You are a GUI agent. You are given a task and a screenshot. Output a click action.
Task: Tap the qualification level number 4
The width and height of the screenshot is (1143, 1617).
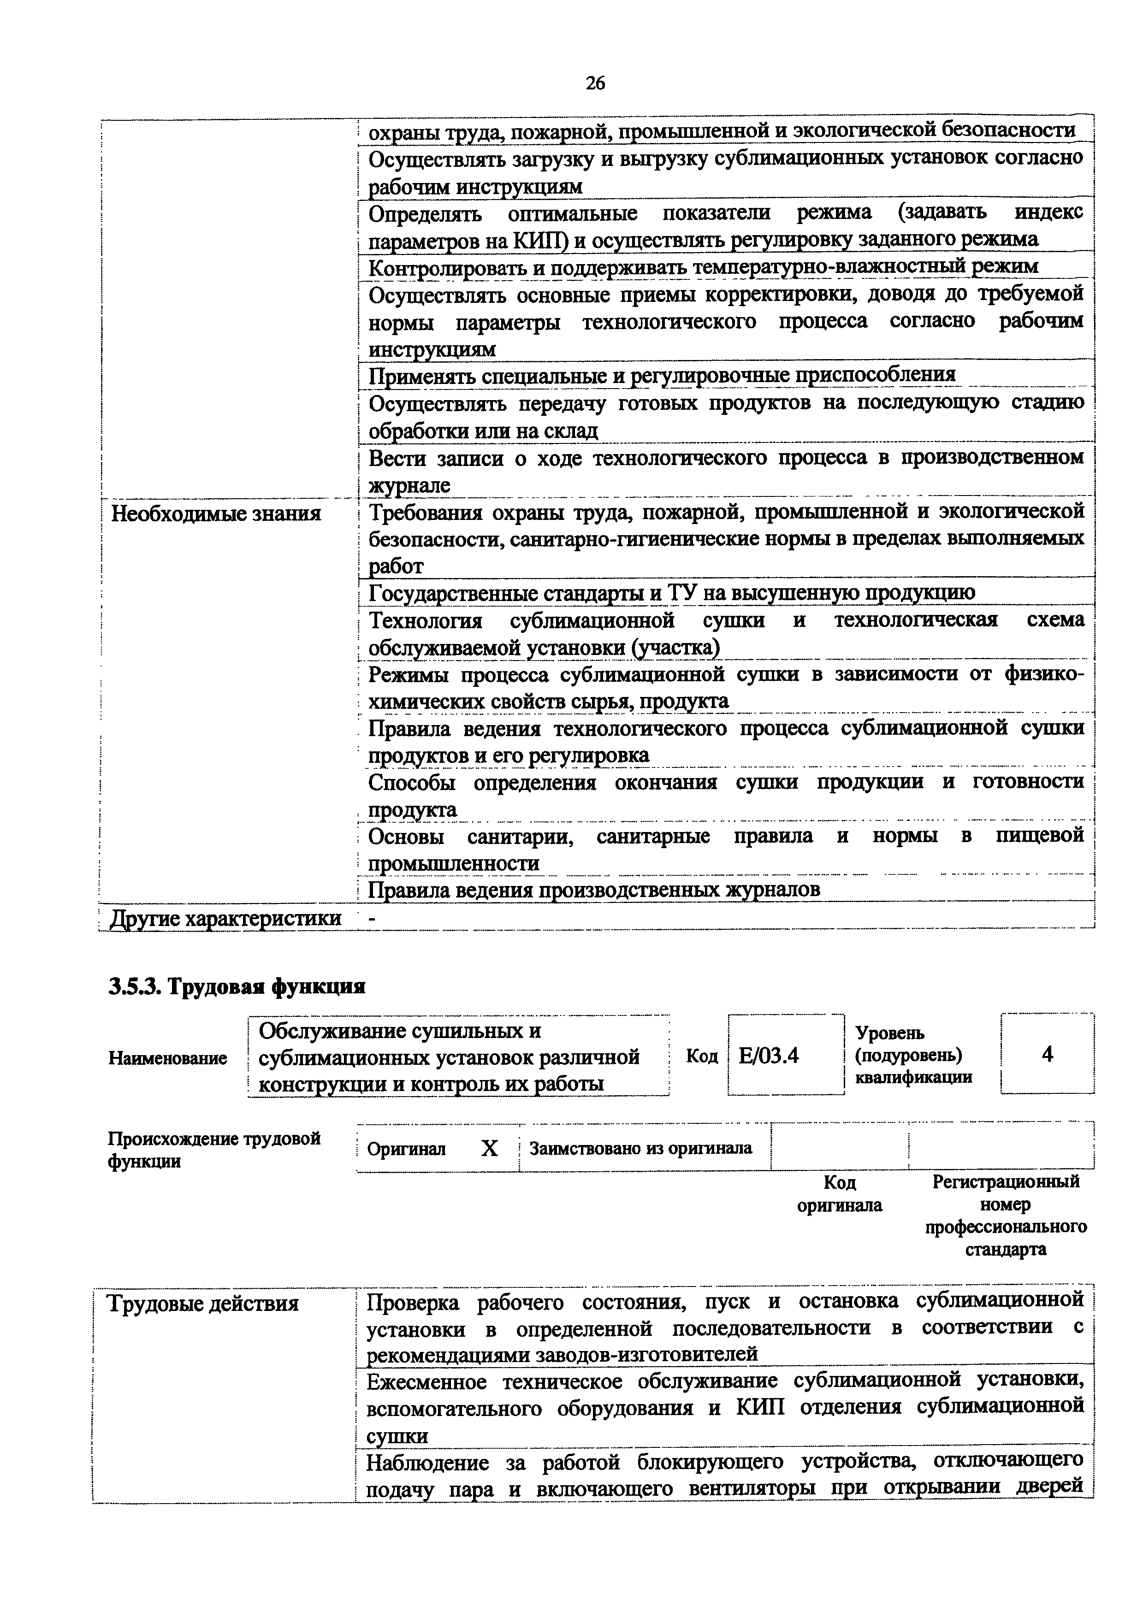pyautogui.click(x=1047, y=1054)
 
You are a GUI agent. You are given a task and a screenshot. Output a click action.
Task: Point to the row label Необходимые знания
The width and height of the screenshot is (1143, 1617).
pyautogui.click(x=216, y=514)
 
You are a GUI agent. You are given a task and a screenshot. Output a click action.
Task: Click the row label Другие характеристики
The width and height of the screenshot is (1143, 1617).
pyautogui.click(x=226, y=918)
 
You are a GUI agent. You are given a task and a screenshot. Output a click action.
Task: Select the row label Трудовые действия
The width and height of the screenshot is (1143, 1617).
pyautogui.click(x=203, y=1304)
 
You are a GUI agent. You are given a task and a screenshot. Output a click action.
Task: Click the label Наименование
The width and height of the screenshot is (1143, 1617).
pyautogui.click(x=168, y=1058)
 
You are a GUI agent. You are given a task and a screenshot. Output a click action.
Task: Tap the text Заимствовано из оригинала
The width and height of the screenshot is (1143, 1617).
pyautogui.click(x=640, y=1149)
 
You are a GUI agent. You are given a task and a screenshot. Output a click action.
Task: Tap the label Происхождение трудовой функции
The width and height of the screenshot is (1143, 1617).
pyautogui.click(x=213, y=1149)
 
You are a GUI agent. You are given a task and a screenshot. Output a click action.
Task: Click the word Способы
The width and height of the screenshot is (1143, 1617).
pyautogui.click(x=412, y=782)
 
